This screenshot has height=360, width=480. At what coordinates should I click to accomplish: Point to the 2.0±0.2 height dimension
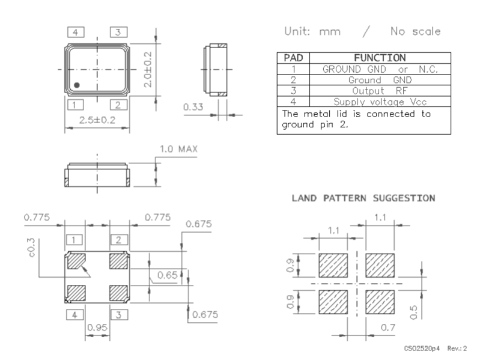point(147,69)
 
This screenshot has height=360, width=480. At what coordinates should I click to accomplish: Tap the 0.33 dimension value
point(192,107)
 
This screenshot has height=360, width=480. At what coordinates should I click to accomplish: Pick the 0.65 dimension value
point(167,275)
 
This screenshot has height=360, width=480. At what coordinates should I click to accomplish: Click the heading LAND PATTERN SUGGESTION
point(363,198)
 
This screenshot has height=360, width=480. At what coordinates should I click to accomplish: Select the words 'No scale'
point(415,31)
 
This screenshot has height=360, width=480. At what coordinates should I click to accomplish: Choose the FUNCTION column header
point(379,58)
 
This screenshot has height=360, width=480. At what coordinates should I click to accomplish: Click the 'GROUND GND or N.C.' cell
point(379,69)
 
